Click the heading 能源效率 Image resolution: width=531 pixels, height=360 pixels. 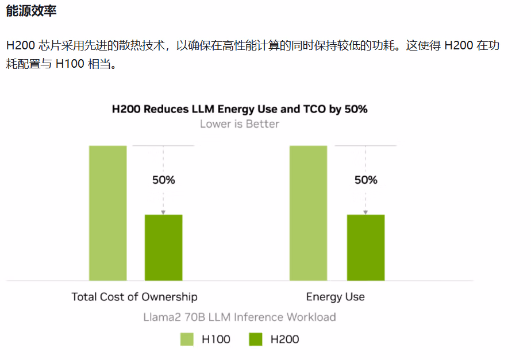coord(31,11)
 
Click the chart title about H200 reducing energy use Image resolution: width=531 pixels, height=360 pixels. coord(239,109)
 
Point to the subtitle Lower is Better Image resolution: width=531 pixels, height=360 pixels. coord(239,124)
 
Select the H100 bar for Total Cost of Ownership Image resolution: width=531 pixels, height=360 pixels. coord(108,213)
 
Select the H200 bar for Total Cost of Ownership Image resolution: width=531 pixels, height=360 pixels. coord(163,247)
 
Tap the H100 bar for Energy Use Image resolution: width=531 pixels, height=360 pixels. coord(308,213)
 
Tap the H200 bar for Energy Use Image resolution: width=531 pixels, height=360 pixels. coord(365,247)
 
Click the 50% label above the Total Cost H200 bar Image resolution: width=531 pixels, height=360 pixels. coord(163,180)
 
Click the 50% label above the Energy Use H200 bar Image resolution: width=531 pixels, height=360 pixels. coord(365,180)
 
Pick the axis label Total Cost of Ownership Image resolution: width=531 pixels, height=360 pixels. coord(134,297)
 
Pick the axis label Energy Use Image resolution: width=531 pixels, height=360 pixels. coord(335,297)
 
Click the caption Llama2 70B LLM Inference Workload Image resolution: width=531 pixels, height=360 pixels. coord(239,317)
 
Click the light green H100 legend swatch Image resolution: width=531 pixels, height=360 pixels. coord(187,339)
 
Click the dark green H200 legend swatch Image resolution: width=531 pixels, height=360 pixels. coord(256,339)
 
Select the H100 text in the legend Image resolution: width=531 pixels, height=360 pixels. coord(216,339)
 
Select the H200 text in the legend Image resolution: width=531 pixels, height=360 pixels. coord(284,339)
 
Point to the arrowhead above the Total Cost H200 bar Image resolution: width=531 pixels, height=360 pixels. coord(163,212)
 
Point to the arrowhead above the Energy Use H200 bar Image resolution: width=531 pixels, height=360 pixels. coord(365,212)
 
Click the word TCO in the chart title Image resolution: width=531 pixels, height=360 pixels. coord(313,109)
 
